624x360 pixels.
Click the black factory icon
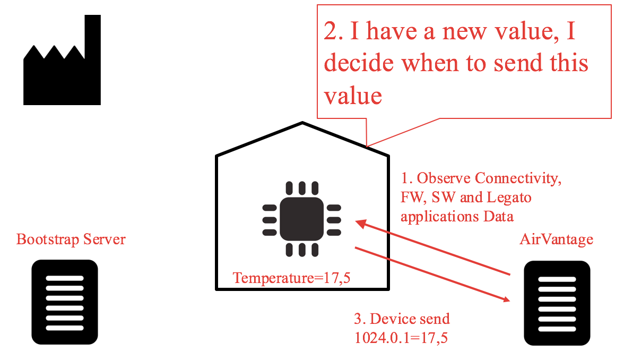click(x=62, y=74)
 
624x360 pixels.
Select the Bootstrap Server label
click(x=71, y=239)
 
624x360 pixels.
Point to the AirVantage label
click(x=556, y=239)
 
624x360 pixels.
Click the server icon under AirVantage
click(x=557, y=303)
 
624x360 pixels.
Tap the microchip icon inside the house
click(x=301, y=219)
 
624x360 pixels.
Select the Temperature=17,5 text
click(x=292, y=277)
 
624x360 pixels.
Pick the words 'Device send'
click(x=410, y=319)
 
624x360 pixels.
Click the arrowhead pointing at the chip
click(x=361, y=224)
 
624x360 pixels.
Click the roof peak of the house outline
click(x=302, y=124)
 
